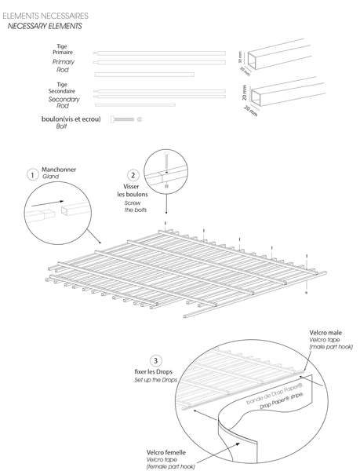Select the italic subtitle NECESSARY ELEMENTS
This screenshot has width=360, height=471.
(x=44, y=26)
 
